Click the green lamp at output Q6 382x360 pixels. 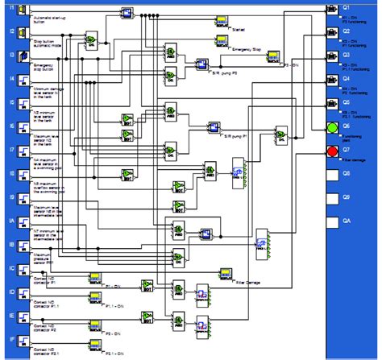pyautogui.click(x=332, y=126)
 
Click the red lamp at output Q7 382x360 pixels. pyautogui.click(x=332, y=151)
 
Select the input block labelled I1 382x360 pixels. pyautogui.click(x=23, y=9)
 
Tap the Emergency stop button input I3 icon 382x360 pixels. pyautogui.click(x=23, y=56)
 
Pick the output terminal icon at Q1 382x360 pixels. pyautogui.click(x=332, y=9)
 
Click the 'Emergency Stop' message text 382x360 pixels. pyautogui.click(x=245, y=50)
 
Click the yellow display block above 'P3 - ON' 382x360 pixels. pyautogui.click(x=274, y=56)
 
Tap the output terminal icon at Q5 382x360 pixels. pyautogui.click(x=332, y=102)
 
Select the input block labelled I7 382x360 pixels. pyautogui.click(x=23, y=151)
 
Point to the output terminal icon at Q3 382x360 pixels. pyautogui.click(x=332, y=56)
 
